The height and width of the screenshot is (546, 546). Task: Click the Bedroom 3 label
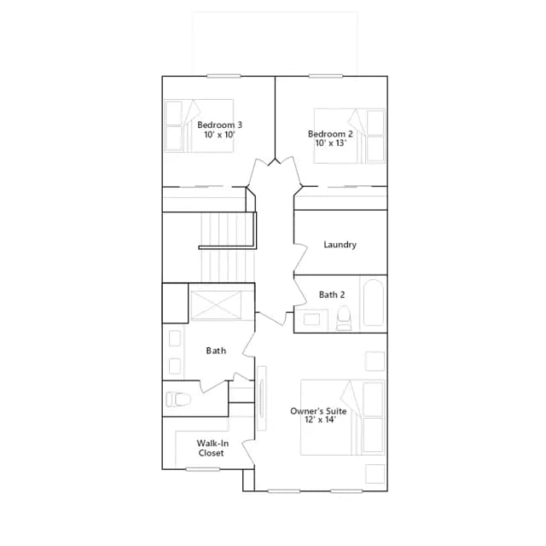click(x=219, y=125)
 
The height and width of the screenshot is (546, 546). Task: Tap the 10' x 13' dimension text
click(x=330, y=142)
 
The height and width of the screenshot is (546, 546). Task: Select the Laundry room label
click(x=340, y=245)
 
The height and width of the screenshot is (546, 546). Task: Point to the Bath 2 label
click(x=332, y=294)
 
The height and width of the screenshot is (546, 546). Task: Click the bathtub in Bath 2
click(x=374, y=303)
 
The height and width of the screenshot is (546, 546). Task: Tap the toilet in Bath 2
click(x=344, y=318)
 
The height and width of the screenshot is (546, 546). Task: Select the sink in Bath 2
click(x=311, y=319)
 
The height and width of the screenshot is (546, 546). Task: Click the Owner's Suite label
click(x=318, y=411)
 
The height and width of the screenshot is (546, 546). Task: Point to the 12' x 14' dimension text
click(x=320, y=420)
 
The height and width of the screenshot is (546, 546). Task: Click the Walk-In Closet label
click(x=212, y=448)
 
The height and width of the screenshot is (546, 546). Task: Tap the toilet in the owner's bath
click(x=178, y=399)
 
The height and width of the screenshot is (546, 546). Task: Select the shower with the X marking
click(x=216, y=305)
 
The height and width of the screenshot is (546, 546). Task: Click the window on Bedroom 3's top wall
click(x=224, y=76)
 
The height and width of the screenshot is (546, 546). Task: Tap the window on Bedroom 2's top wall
click(x=326, y=76)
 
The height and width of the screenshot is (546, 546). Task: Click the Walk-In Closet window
click(x=203, y=469)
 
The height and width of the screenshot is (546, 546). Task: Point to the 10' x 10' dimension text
click(x=220, y=135)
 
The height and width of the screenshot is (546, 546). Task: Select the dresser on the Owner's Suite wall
click(x=262, y=398)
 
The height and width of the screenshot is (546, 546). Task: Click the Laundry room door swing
click(x=301, y=258)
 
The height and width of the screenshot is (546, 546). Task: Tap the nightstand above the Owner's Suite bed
click(x=375, y=362)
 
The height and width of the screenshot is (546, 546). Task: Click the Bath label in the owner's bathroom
click(x=216, y=351)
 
